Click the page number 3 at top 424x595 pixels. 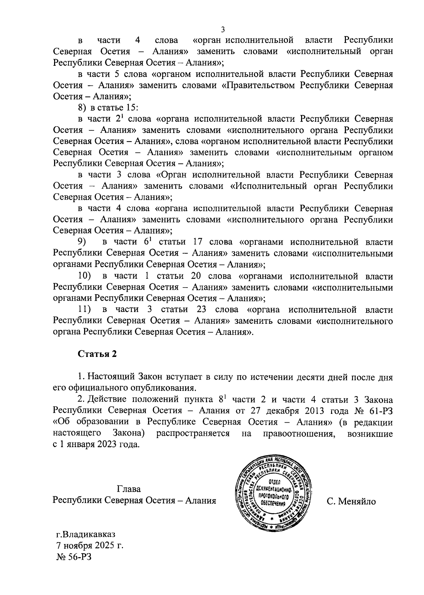[223, 29]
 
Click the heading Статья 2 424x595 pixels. [97, 354]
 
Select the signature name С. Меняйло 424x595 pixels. [351, 501]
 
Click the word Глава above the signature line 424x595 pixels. [129, 489]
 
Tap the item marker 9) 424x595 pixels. [82, 242]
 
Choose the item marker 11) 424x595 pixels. [84, 310]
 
